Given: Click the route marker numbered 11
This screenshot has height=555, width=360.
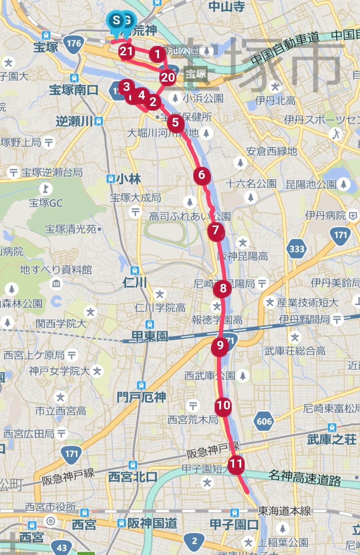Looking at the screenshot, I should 236,464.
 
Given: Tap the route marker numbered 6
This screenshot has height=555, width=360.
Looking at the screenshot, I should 202,175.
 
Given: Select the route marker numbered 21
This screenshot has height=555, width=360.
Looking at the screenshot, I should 126,51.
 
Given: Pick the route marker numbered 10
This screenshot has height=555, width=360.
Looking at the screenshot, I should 223,405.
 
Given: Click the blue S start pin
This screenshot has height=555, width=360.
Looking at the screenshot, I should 116,21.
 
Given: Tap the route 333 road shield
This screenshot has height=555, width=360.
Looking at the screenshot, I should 297,249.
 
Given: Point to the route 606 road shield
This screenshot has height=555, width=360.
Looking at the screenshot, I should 264,421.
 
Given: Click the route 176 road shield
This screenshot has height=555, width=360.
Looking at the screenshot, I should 74,43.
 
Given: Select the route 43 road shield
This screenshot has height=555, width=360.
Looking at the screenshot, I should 62,547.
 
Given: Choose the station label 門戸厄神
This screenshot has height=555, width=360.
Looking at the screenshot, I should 141,397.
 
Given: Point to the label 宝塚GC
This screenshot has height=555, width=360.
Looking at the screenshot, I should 46,203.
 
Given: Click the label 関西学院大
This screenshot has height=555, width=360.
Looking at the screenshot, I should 61,323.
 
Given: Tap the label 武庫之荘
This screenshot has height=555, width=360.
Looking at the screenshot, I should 332,440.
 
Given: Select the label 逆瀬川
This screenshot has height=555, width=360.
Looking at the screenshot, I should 74,121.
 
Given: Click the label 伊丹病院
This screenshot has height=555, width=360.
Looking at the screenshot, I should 326,216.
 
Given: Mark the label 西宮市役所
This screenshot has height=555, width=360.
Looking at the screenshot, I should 51,507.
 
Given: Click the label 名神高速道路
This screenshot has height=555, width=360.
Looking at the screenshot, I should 305,478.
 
